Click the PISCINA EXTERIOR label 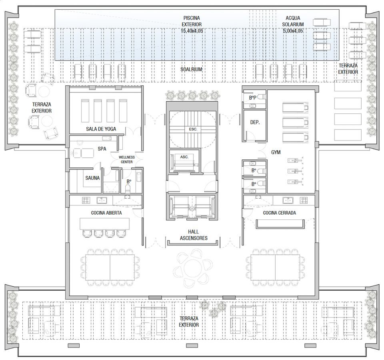pyautogui.click(x=192, y=21)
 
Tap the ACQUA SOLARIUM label pyautogui.click(x=293, y=21)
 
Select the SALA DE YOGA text pyautogui.click(x=101, y=129)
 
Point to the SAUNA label pyautogui.click(x=92, y=178)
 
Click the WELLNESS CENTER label pyautogui.click(x=127, y=159)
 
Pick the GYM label pyautogui.click(x=276, y=152)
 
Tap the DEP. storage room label pyautogui.click(x=255, y=122)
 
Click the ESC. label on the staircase pyautogui.click(x=193, y=129)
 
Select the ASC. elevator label pyautogui.click(x=184, y=157)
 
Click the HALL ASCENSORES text pyautogui.click(x=194, y=235)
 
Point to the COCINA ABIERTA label pyautogui.click(x=106, y=213)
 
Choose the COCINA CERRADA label pyautogui.click(x=280, y=213)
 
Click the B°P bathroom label pyautogui.click(x=252, y=98)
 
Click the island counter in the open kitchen pyautogui.click(x=104, y=224)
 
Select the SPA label pyautogui.click(x=102, y=149)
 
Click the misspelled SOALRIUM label pyautogui.click(x=191, y=69)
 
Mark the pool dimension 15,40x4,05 pyautogui.click(x=192, y=31)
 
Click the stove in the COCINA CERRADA pyautogui.click(x=304, y=200)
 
